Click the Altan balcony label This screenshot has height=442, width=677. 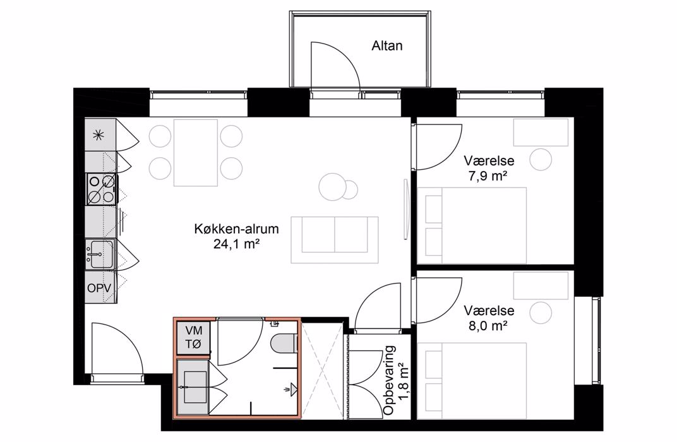tap(387, 45)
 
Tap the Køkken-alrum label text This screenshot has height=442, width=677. tap(237, 229)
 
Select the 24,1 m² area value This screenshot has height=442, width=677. tap(236, 244)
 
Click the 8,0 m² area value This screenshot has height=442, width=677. tap(488, 325)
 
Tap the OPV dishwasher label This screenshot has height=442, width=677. tap(99, 288)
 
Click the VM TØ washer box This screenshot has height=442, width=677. tap(193, 338)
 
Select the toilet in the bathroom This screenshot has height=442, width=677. tap(284, 343)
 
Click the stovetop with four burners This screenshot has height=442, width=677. tap(101, 189)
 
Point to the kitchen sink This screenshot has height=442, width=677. tap(100, 254)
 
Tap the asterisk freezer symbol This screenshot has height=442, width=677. tap(99, 136)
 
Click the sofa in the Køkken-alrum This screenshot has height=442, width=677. tap(335, 240)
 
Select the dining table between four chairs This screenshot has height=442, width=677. tap(196, 153)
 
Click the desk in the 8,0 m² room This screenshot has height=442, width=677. tap(541, 285)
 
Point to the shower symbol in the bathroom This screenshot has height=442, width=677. tap(292, 390)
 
